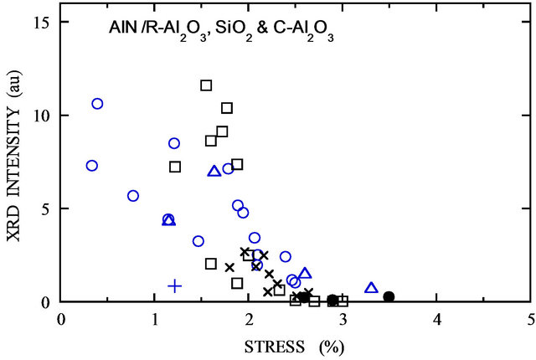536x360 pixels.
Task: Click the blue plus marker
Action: (175, 285)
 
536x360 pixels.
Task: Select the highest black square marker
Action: (206, 85)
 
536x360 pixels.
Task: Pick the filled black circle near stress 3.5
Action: (389, 296)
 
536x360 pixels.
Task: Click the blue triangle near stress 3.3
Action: (371, 288)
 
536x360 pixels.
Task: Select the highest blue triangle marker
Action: (214, 171)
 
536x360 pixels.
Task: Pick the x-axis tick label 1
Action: (155, 319)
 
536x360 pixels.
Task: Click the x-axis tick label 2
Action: (249, 319)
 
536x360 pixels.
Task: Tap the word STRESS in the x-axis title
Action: (269, 344)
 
